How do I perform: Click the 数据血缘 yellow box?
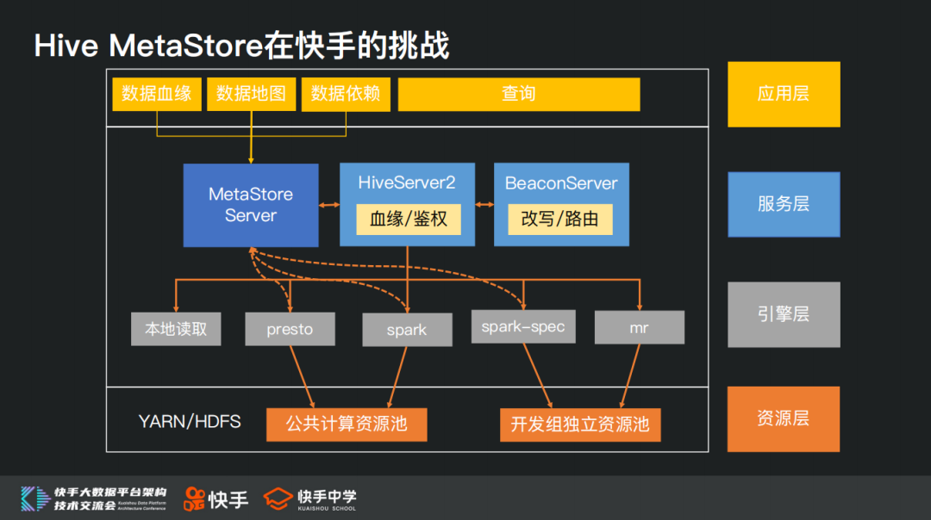point(156,94)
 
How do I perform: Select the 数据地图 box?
point(251,94)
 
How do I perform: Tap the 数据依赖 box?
point(346,94)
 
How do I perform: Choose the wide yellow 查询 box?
point(518,94)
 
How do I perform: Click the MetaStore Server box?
point(251,205)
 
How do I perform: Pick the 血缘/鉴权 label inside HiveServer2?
point(408,219)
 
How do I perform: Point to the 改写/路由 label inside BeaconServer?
point(560,219)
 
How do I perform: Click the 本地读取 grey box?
point(176,329)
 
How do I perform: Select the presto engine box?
point(290,329)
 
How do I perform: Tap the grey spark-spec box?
point(523,327)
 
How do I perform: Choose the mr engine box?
point(639,328)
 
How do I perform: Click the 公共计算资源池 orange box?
point(347,424)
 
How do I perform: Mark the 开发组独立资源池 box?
point(580,424)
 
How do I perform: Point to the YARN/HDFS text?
point(190,422)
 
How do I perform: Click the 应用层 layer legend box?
point(784,94)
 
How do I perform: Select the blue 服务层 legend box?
point(784,204)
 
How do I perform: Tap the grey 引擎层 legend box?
point(784,314)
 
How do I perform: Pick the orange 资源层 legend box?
point(784,419)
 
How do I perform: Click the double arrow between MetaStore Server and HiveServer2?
point(329,205)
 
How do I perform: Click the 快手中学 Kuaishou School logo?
point(310,498)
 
